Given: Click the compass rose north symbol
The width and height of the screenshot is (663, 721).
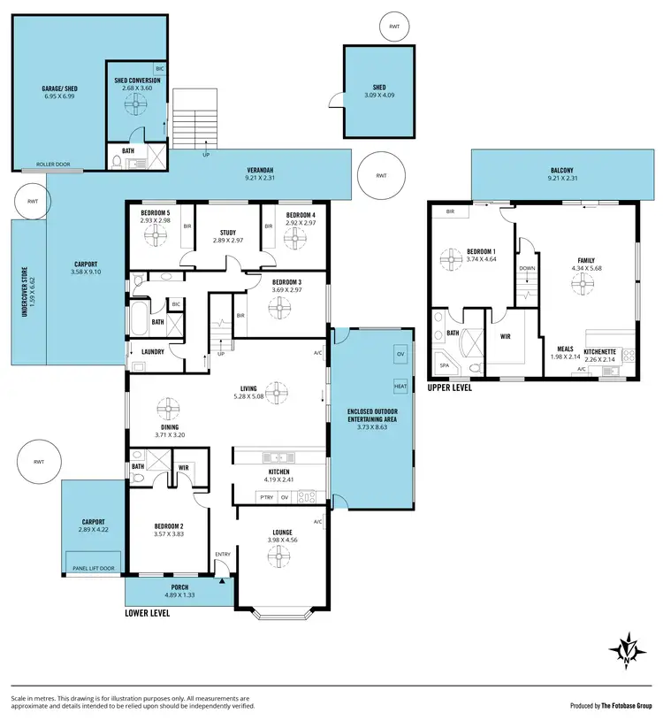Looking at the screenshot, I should (x=627, y=649).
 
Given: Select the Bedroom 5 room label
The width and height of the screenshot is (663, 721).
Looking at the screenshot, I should (x=156, y=213).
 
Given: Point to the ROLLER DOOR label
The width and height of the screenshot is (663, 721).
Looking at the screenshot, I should (x=54, y=165).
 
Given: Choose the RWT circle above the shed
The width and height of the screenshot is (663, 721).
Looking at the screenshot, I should (x=394, y=27).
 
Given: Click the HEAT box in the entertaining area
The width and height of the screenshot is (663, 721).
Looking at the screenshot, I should (x=399, y=387).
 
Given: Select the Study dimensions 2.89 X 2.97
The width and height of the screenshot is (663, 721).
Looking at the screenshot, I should (x=227, y=240).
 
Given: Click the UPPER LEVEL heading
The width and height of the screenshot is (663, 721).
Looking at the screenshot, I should (x=449, y=387).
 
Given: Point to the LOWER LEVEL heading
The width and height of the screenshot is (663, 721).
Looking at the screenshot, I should (x=148, y=611).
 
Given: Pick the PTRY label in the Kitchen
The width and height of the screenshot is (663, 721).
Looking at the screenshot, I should (x=266, y=497).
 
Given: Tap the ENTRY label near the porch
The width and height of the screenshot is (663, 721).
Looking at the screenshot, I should (x=223, y=555).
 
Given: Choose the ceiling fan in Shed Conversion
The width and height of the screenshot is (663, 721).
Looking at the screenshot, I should (x=136, y=106).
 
